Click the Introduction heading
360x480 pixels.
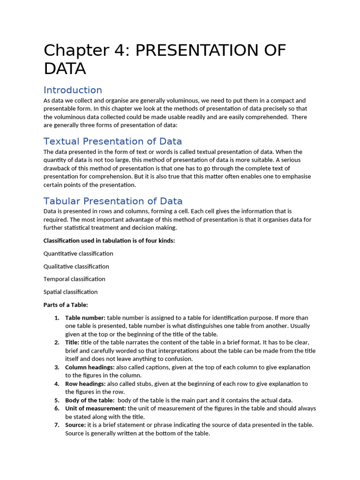[x=73, y=90]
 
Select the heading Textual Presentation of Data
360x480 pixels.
[x=112, y=141]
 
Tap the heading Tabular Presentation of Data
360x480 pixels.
[x=113, y=201]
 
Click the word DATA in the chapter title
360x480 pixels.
[x=65, y=68]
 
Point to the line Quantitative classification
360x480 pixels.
[x=78, y=254]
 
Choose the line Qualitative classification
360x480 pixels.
[x=76, y=266]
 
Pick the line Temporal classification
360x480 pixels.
[x=74, y=279]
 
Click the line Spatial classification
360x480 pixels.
[x=70, y=292]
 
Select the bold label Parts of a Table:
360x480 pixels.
[x=66, y=305]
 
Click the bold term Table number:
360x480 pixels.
[x=85, y=318]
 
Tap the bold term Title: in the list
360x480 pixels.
[x=72, y=342]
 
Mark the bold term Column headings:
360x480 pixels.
[x=90, y=367]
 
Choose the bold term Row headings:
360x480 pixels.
[x=85, y=383]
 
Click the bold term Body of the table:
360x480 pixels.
[x=90, y=400]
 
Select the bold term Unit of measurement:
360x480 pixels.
[x=96, y=408]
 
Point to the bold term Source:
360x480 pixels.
[x=75, y=425]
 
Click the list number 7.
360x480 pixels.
[x=57, y=425]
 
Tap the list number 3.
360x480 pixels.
[x=57, y=367]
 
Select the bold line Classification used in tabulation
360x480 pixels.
[x=109, y=241]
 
